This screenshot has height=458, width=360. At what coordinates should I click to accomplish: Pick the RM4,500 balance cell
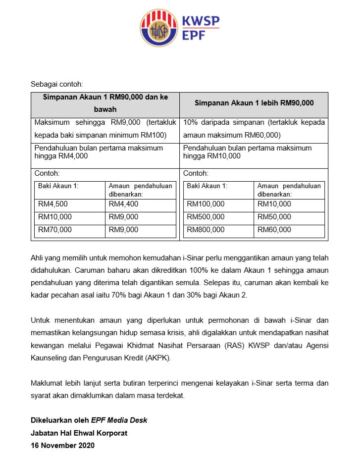coord(53,204)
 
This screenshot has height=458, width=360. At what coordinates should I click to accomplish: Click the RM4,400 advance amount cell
coord(123,204)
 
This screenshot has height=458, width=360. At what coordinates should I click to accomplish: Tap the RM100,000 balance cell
coord(206,204)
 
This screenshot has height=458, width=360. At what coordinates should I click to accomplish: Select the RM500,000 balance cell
coord(206,217)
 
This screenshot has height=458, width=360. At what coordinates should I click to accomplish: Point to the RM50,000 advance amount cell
coord(274,217)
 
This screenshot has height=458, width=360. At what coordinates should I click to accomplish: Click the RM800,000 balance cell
coord(206,230)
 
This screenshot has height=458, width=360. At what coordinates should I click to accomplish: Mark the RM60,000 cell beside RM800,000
coord(274,230)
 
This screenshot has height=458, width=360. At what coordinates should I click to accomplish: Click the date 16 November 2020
coord(62,445)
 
